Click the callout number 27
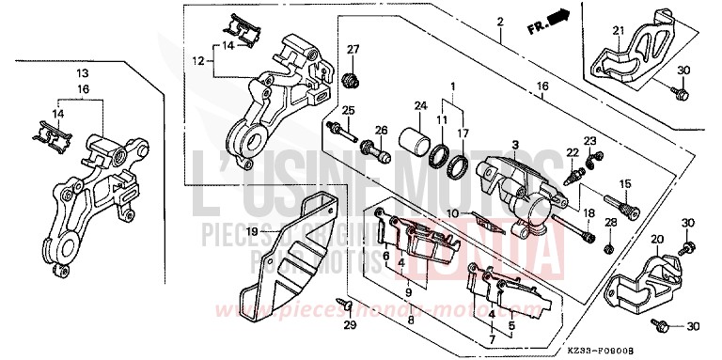tap(353, 50)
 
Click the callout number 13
tap(83, 72)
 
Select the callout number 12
tap(198, 61)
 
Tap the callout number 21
tap(618, 32)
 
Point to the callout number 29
tap(351, 324)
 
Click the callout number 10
tap(452, 214)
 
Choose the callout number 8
tap(411, 320)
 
